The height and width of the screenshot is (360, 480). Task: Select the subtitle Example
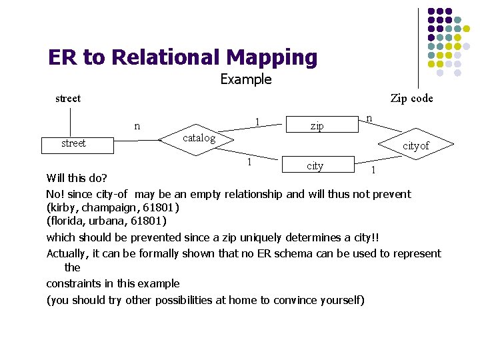(x=246, y=80)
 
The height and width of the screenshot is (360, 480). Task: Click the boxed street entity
(x=73, y=143)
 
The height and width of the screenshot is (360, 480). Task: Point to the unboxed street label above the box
(x=68, y=99)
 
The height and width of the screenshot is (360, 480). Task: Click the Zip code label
(x=411, y=99)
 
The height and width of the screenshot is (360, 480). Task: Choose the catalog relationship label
(x=199, y=138)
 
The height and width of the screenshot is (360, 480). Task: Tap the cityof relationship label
(x=415, y=146)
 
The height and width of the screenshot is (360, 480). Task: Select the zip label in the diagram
(x=317, y=125)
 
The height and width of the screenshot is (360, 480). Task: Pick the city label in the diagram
(x=315, y=165)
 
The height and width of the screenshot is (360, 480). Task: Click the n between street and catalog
(x=137, y=125)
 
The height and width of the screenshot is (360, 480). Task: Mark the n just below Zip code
(x=369, y=118)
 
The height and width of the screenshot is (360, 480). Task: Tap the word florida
(x=68, y=221)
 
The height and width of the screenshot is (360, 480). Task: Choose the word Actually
(x=68, y=253)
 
